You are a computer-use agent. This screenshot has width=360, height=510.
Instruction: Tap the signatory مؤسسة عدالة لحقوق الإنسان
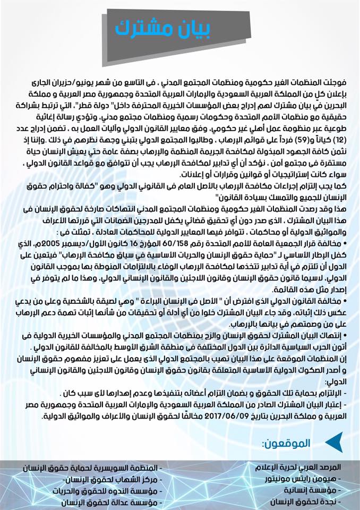pyautogui.click(x=98, y=501)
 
